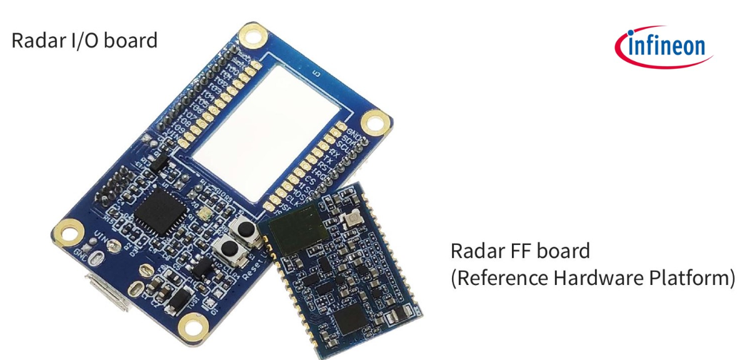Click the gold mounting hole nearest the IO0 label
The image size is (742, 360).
coord(252,36)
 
